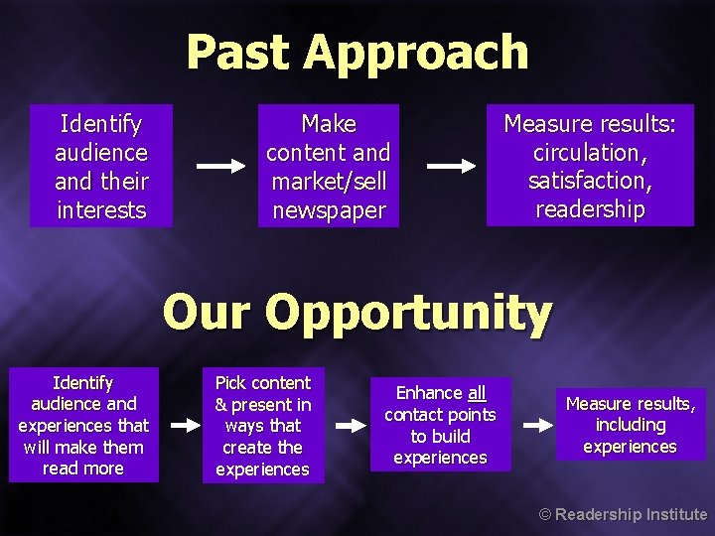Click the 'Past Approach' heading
pos(357,52)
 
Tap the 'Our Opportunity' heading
pos(357,314)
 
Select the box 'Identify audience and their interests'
pos(100,166)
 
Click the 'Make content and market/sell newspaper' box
pos(329,166)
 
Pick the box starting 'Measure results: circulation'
pos(590,166)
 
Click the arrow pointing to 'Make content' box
pos(220,166)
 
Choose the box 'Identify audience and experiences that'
pos(83,425)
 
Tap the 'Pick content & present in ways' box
pos(263,425)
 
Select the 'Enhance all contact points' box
pos(440,425)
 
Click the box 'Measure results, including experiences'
pos(631,425)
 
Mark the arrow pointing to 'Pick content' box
pos(180,425)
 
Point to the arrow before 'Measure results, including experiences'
pos(536,425)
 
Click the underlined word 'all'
pos(477,393)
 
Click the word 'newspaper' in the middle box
pos(329,210)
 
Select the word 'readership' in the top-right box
pos(590,208)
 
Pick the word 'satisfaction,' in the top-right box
pos(590,181)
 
